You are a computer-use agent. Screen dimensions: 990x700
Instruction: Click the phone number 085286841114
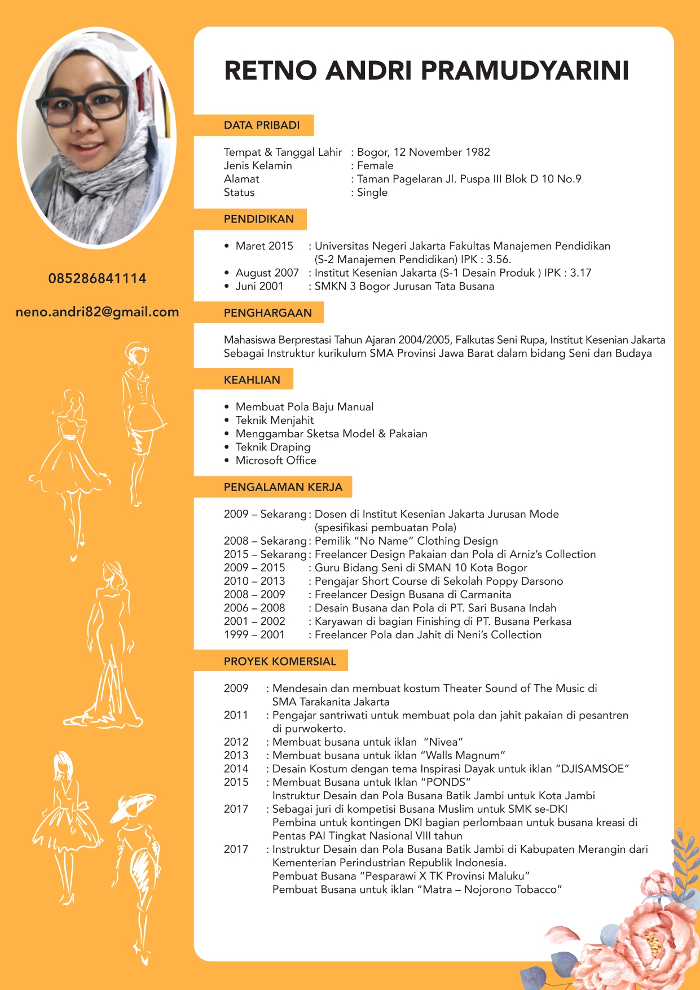(97, 278)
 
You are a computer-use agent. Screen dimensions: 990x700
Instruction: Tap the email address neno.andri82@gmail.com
(97, 312)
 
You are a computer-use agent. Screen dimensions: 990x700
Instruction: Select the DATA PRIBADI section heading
(261, 125)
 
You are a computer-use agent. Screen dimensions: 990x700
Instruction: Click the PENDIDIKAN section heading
(258, 219)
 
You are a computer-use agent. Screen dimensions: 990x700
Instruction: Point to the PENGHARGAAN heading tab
(267, 313)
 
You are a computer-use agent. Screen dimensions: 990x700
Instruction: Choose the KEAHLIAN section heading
(252, 380)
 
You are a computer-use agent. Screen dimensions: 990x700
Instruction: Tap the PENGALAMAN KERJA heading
(283, 487)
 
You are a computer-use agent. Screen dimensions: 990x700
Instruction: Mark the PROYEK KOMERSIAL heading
(280, 662)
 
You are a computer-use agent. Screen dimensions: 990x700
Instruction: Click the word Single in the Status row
(372, 192)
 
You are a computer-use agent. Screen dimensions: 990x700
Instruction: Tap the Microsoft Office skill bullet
(276, 461)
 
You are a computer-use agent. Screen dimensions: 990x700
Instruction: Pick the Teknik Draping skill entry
(273, 447)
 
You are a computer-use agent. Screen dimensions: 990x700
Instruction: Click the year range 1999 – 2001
(254, 635)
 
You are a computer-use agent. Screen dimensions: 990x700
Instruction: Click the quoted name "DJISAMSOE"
(592, 769)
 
